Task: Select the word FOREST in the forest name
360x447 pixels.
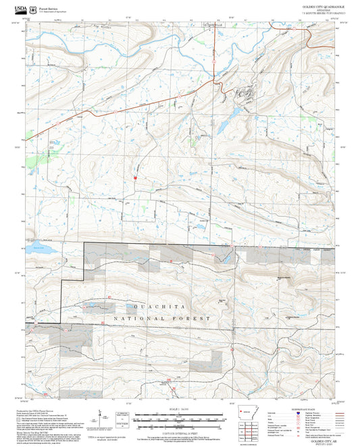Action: pyautogui.click(x=198, y=317)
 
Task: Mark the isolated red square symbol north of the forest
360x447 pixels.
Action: pyautogui.click(x=136, y=178)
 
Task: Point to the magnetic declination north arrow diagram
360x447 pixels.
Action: pyautogui.click(x=101, y=417)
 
